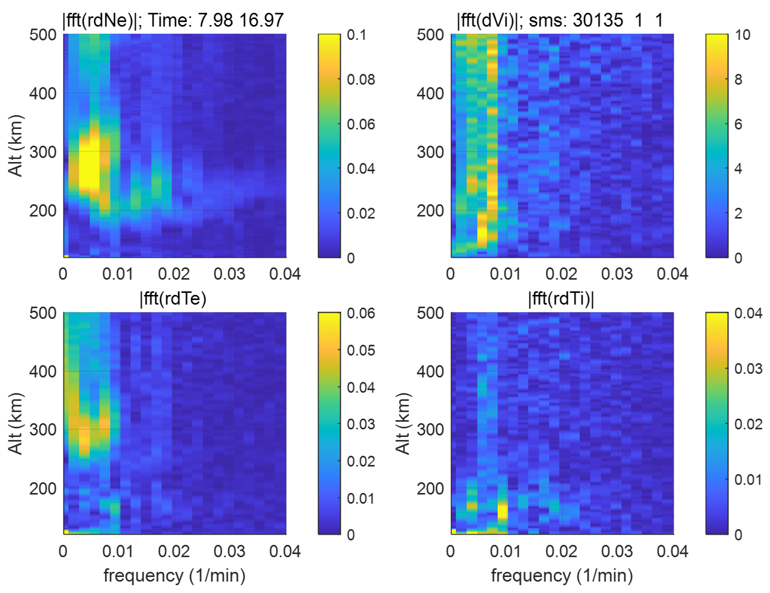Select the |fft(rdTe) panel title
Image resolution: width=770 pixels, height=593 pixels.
173,299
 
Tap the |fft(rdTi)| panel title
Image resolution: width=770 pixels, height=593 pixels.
561,299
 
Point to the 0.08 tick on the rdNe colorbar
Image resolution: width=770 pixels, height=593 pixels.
361,80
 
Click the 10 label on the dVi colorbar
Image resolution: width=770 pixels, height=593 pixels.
742,35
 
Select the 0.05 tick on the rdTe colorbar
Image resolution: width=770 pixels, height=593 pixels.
361,350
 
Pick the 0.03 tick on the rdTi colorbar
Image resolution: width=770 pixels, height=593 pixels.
748,368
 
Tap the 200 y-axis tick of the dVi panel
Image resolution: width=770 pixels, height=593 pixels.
430,211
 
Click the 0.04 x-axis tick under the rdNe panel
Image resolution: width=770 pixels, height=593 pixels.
285,274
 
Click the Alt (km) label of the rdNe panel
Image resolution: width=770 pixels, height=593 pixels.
15,146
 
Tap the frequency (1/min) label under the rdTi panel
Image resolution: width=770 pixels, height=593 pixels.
562,576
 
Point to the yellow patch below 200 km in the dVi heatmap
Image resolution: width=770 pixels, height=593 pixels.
482,233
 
